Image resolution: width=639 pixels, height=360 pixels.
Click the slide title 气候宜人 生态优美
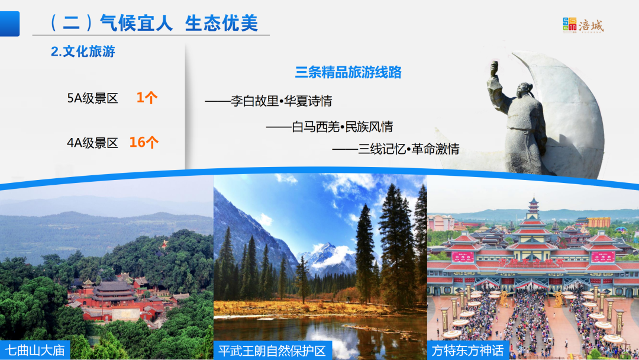(x=179, y=23)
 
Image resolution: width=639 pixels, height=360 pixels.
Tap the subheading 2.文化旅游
(x=83, y=52)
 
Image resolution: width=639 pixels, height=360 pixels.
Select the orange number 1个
(x=147, y=98)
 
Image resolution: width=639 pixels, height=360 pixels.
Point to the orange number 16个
(x=144, y=142)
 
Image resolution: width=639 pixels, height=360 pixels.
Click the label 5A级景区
(x=92, y=98)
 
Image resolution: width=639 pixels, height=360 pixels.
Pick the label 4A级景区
(x=92, y=143)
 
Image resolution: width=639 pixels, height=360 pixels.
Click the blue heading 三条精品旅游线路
(x=348, y=72)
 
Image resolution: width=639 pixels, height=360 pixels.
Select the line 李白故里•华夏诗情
(x=282, y=101)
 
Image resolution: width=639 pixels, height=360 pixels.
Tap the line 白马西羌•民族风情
(x=343, y=127)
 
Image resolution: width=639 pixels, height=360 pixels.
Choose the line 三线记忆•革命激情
(x=409, y=149)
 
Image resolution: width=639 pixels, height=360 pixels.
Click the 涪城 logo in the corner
(x=583, y=25)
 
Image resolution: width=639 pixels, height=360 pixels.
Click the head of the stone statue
(x=523, y=89)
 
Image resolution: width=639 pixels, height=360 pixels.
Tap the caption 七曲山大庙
(x=35, y=350)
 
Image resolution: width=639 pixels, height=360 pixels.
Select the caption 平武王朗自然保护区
(x=272, y=351)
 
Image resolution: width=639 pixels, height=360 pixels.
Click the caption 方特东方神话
(x=468, y=351)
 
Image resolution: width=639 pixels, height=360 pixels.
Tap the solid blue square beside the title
(x=10, y=24)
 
